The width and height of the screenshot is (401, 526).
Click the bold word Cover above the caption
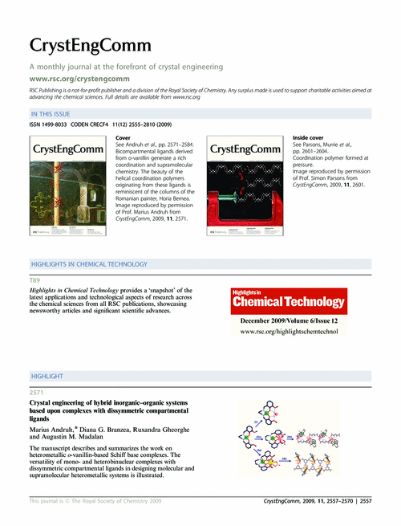pos(124,138)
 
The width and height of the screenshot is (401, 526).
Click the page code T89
pos(34,279)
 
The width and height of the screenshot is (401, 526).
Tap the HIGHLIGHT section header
pos(47,375)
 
